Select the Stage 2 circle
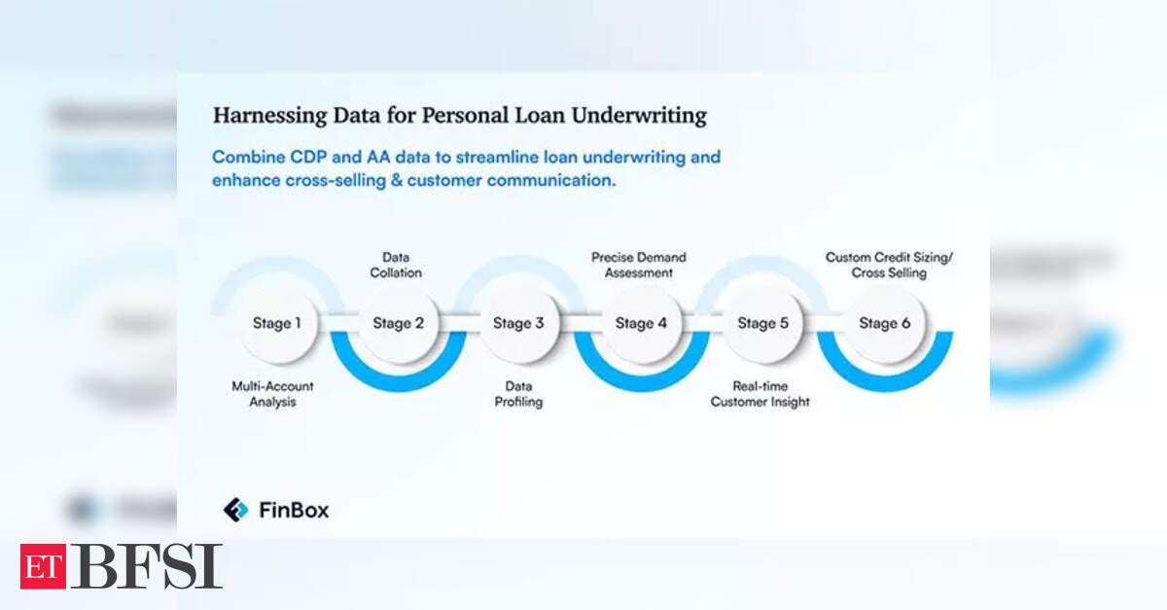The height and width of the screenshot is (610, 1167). click(399, 323)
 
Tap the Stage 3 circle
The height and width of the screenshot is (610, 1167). click(519, 323)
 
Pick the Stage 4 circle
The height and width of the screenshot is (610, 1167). click(641, 323)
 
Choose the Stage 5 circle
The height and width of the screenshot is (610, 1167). click(763, 323)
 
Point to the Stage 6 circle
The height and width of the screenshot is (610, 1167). click(885, 323)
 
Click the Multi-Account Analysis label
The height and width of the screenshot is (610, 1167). click(272, 394)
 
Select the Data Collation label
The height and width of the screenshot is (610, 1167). click(396, 265)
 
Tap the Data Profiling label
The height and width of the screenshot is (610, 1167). click(518, 394)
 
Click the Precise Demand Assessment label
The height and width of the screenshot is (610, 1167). click(639, 265)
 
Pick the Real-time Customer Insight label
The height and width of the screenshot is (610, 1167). click(760, 394)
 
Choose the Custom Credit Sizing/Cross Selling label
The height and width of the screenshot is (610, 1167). click(889, 265)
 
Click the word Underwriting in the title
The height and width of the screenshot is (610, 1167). click(639, 116)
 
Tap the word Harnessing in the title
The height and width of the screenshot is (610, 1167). click(270, 116)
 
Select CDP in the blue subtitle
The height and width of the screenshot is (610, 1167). click(308, 157)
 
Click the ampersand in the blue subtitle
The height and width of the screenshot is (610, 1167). click(397, 180)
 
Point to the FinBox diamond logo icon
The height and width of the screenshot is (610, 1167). click(236, 510)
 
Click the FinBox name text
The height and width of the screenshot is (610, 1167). click(295, 510)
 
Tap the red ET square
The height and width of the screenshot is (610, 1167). click(43, 567)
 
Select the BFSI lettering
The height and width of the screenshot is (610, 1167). click(147, 566)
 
